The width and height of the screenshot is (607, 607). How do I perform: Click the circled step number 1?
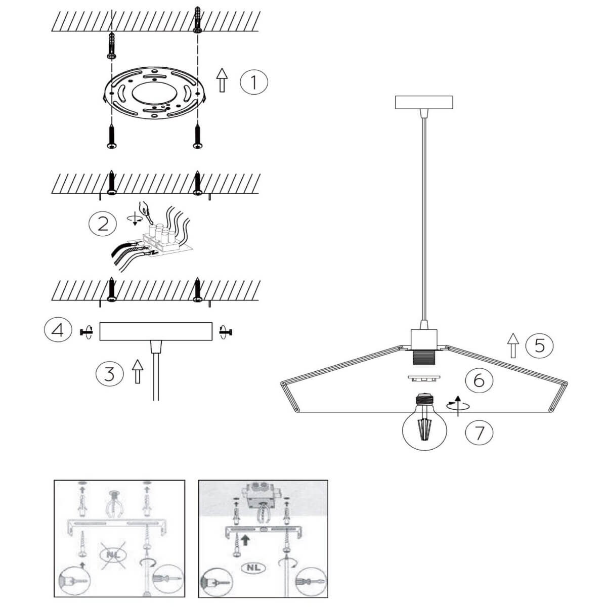click(x=253, y=82)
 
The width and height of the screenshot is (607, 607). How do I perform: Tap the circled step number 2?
click(x=103, y=224)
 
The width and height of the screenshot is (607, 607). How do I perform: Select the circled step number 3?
click(x=109, y=374)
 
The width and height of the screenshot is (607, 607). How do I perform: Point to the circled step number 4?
click(x=58, y=330)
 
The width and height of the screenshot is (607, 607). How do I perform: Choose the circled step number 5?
click(x=539, y=346)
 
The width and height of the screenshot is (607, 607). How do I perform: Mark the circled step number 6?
click(x=479, y=380)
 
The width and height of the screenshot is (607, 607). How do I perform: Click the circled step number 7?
click(x=479, y=432)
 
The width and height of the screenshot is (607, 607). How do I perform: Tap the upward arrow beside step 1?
click(x=223, y=80)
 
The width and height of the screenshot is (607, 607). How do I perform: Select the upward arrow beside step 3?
click(x=138, y=371)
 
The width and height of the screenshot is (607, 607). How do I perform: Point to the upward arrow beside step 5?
click(x=513, y=345)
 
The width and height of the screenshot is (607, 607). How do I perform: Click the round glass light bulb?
click(x=425, y=422)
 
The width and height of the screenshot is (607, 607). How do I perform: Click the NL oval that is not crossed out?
click(x=253, y=568)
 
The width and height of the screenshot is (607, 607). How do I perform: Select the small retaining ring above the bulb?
click(x=424, y=378)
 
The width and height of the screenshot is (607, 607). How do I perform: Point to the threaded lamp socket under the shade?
click(x=424, y=359)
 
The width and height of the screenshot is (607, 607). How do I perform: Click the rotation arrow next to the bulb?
click(x=458, y=406)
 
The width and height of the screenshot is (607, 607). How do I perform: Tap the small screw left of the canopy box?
click(x=86, y=332)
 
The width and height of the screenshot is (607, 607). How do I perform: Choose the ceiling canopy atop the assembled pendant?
click(x=424, y=103)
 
